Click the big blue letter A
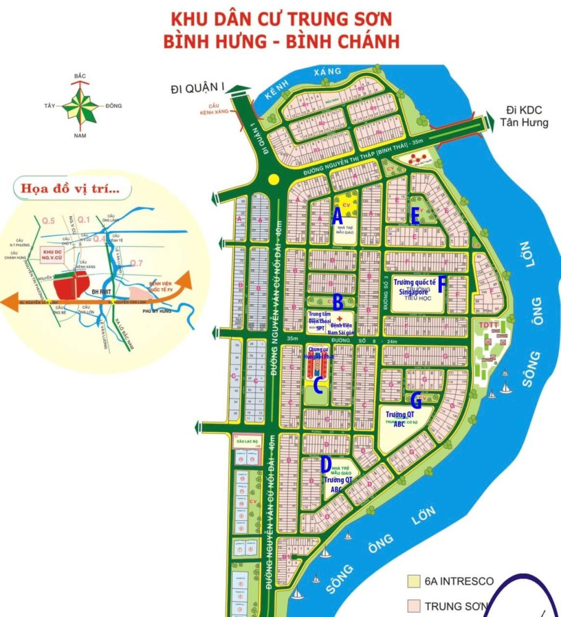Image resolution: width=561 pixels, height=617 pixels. tap(337, 217)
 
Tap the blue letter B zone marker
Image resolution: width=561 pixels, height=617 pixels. tap(338, 302)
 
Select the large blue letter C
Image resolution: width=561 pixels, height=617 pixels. tap(317, 386)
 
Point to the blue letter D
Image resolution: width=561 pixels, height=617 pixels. tap(326, 463)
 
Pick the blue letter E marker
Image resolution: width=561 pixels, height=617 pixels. tap(415, 215)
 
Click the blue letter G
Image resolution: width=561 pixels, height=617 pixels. tap(416, 401)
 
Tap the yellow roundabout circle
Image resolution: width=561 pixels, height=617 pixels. tap(274, 179)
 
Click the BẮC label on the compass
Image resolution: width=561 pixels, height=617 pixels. tap(80, 76)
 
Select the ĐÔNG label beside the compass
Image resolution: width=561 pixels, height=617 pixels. tap(113, 106)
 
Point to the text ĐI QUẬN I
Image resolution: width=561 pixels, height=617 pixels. tap(197, 90)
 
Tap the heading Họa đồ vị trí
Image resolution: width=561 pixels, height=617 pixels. tap(70, 189)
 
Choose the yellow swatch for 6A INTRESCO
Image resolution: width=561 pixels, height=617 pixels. tap(410, 581)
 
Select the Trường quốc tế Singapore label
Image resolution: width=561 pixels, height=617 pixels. tap(418, 287)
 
